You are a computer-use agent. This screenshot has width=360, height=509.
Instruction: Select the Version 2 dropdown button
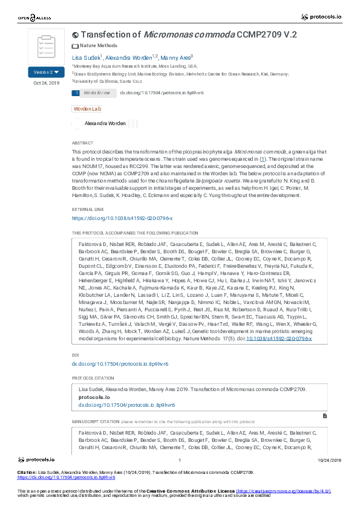point(46,72)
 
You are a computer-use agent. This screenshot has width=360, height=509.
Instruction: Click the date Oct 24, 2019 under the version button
point(46,83)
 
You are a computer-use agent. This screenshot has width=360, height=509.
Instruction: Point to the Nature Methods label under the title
point(98,46)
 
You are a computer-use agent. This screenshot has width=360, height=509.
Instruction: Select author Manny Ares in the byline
point(175,57)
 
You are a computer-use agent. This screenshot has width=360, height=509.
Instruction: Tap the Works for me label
point(97,93)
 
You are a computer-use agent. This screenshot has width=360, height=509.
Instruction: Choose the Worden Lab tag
point(87,109)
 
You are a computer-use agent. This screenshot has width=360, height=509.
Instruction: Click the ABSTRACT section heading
point(82,143)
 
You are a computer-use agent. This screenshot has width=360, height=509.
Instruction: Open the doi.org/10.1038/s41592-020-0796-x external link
point(122,218)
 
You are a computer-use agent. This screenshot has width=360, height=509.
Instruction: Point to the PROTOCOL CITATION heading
point(93,378)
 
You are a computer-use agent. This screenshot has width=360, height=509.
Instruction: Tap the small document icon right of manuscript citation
point(325,416)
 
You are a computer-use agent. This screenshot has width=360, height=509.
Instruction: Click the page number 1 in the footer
point(180,460)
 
